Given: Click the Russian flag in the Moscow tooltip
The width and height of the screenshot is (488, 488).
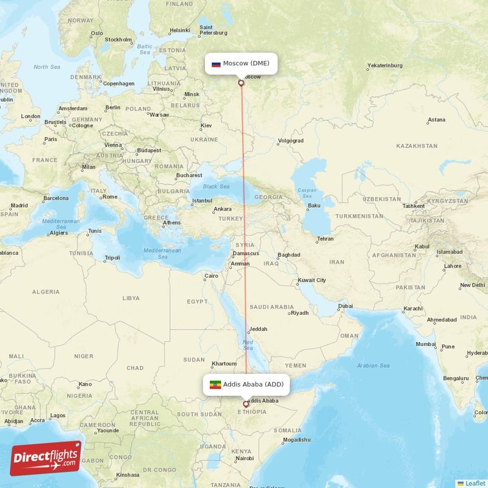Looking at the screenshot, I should [x=216, y=63].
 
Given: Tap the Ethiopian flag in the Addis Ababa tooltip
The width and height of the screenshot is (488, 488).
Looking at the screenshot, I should [x=215, y=384].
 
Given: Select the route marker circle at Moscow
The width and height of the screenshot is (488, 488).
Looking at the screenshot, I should [x=241, y=82].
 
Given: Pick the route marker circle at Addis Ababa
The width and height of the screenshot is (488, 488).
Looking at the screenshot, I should [x=246, y=404].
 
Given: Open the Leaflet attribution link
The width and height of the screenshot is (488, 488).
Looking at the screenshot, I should [x=475, y=483].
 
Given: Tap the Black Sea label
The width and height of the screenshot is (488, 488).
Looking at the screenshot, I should [x=216, y=187].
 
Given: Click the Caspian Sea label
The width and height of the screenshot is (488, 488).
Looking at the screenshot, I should [x=307, y=193].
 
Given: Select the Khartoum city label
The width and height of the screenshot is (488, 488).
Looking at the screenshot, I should [x=223, y=363].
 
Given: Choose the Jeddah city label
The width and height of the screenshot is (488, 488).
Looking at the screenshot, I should [x=257, y=329].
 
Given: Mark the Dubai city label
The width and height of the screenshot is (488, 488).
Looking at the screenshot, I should [x=346, y=306].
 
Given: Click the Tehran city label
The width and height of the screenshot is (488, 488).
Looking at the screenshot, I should [x=325, y=239].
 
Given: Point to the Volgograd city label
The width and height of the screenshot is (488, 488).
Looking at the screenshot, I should [x=290, y=140].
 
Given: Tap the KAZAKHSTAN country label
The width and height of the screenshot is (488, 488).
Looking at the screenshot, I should [x=417, y=146].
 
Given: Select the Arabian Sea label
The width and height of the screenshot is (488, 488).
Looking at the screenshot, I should [x=373, y=365].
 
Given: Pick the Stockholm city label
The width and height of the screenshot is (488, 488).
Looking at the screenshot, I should [x=118, y=40].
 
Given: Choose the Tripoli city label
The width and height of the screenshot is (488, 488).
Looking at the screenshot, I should [x=112, y=257].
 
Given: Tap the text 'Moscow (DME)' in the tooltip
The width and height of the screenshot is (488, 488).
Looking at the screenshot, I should [x=246, y=63].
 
